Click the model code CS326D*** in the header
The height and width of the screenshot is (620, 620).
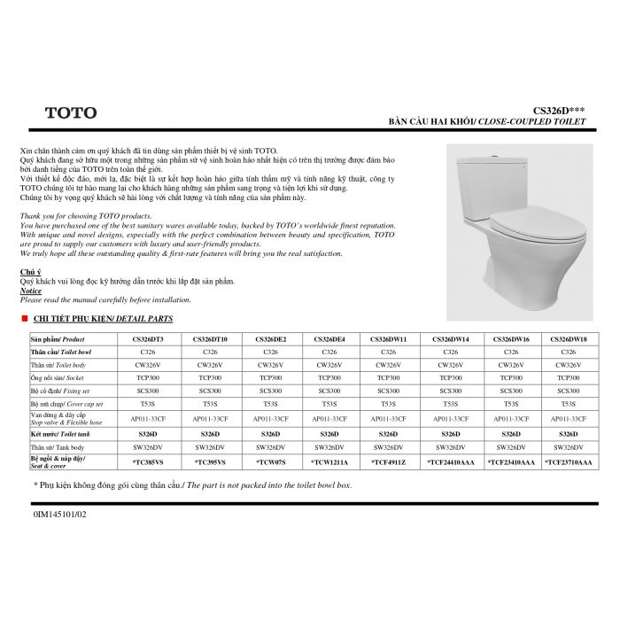pyautogui.click(x=560, y=110)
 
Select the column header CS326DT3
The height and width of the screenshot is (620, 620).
pyautogui.click(x=148, y=339)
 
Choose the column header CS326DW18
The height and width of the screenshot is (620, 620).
pyautogui.click(x=569, y=339)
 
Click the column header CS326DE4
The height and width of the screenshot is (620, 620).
pyautogui.click(x=329, y=339)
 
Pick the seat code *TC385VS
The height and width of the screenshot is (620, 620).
pyautogui.click(x=148, y=461)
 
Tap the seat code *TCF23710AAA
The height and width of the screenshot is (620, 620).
pyautogui.click(x=569, y=461)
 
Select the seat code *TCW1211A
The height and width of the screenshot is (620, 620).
pyautogui.click(x=329, y=461)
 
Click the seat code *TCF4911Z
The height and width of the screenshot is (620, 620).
pyautogui.click(x=389, y=461)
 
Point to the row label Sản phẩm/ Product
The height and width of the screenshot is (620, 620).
pyautogui.click(x=58, y=339)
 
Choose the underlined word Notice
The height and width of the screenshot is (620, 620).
pyautogui.click(x=30, y=291)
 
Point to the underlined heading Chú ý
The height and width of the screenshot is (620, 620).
pyautogui.click(x=29, y=271)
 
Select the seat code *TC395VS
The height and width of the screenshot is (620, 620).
pyautogui.click(x=210, y=461)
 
